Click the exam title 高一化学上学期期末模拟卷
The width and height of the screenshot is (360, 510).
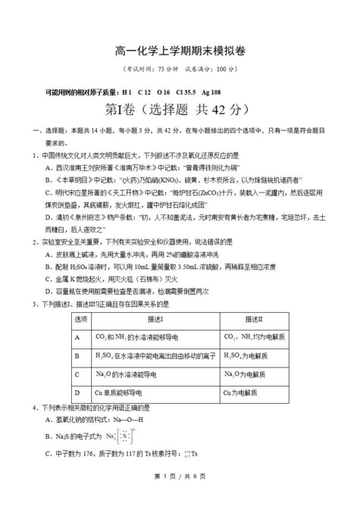click(180, 50)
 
